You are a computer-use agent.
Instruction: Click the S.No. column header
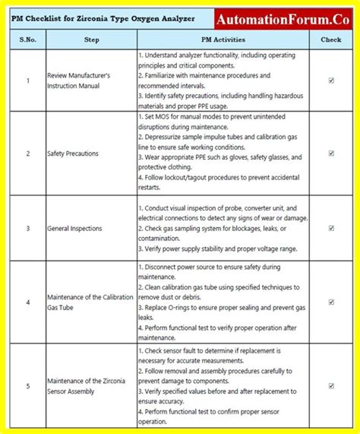tap(27, 39)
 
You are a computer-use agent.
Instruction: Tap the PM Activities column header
tap(223, 39)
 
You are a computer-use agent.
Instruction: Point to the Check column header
tap(331, 39)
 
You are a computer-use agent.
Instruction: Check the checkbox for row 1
tap(331, 80)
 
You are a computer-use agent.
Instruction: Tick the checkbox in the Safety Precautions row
tap(331, 153)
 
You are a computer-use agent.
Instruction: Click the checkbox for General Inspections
tap(331, 227)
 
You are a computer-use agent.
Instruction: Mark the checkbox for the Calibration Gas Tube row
tap(331, 302)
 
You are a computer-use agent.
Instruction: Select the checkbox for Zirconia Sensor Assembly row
tap(331, 385)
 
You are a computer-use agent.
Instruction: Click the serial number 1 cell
tap(27, 80)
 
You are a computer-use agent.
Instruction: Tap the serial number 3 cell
tap(27, 227)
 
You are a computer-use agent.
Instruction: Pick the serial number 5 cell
tap(27, 385)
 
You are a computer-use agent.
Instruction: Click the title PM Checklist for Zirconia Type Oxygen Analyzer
tap(107, 17)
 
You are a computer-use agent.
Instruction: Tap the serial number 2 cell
tap(27, 153)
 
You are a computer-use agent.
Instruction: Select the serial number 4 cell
tap(27, 302)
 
